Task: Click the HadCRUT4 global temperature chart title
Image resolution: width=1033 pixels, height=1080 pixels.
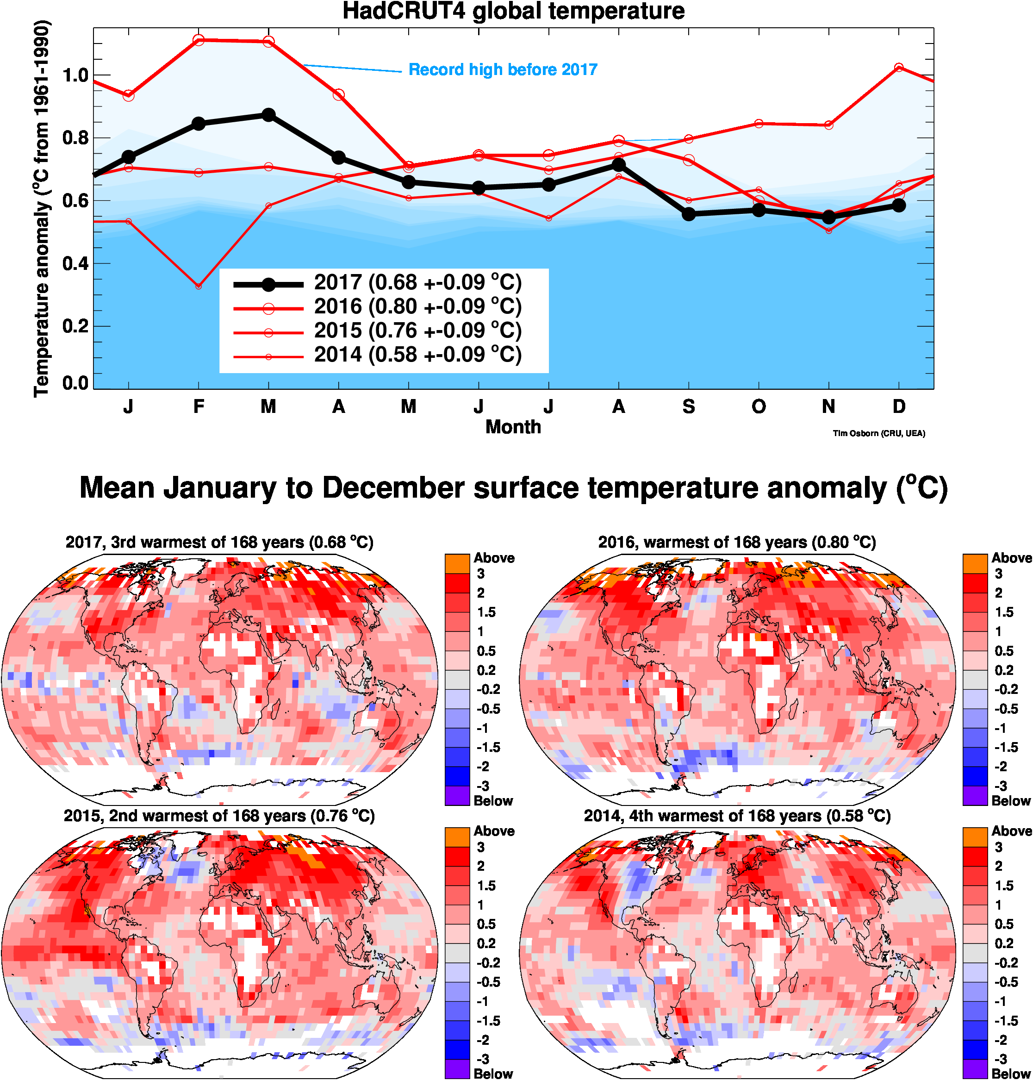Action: tap(513, 11)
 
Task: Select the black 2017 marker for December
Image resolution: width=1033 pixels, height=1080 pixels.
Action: tap(899, 206)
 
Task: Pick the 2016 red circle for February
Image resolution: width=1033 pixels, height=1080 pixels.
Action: tap(199, 40)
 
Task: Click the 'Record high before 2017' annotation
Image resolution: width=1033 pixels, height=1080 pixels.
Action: tap(503, 70)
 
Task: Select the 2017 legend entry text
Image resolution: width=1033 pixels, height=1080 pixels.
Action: tap(417, 282)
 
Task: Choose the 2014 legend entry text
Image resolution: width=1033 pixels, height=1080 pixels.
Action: tap(417, 355)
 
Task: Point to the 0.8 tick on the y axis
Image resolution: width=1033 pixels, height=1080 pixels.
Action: tap(76, 137)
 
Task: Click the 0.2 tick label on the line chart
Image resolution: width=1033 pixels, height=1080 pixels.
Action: tap(76, 326)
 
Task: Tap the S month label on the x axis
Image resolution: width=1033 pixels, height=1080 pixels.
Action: tap(688, 406)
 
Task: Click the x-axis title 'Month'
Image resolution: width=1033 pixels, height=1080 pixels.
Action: tap(513, 427)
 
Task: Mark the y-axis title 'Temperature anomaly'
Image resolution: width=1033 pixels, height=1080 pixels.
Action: tap(42, 209)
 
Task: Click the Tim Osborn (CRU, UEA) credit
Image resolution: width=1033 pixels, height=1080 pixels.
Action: tap(879, 433)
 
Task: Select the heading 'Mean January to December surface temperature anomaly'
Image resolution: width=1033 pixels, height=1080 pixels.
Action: tap(513, 488)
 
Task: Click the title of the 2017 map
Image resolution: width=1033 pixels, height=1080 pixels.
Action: tap(219, 543)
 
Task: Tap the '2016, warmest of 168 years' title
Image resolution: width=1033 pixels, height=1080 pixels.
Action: tap(737, 543)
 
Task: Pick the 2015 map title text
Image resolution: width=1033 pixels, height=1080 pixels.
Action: tap(219, 816)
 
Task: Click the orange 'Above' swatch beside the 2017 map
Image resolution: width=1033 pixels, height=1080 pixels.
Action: tap(457, 564)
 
